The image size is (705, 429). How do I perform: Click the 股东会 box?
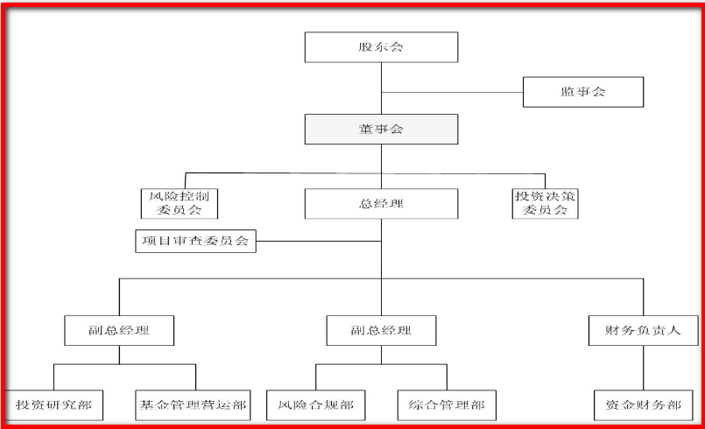click(x=381, y=47)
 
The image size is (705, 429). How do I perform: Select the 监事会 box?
click(x=582, y=92)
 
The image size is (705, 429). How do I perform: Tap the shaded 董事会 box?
click(x=381, y=130)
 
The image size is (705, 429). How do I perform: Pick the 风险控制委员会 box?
click(x=179, y=203)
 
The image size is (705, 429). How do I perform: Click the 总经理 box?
click(x=381, y=204)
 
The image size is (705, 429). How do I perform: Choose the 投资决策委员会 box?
click(x=546, y=203)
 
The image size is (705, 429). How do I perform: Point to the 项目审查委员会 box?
click(x=196, y=240)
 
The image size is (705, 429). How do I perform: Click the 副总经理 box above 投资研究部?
click(x=119, y=331)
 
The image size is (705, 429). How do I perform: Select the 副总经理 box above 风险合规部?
click(x=381, y=331)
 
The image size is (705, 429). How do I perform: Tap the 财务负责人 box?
click(x=644, y=331)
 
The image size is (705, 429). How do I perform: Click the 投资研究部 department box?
click(x=53, y=405)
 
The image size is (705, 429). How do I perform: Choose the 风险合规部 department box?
click(x=316, y=405)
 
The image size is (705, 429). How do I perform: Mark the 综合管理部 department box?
click(x=447, y=405)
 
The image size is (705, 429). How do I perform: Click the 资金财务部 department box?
click(x=644, y=405)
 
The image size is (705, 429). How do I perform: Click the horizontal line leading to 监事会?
click(x=452, y=92)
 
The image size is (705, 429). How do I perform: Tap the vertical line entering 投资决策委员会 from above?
click(x=545, y=180)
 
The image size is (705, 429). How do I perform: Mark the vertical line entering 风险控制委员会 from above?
click(x=186, y=180)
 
